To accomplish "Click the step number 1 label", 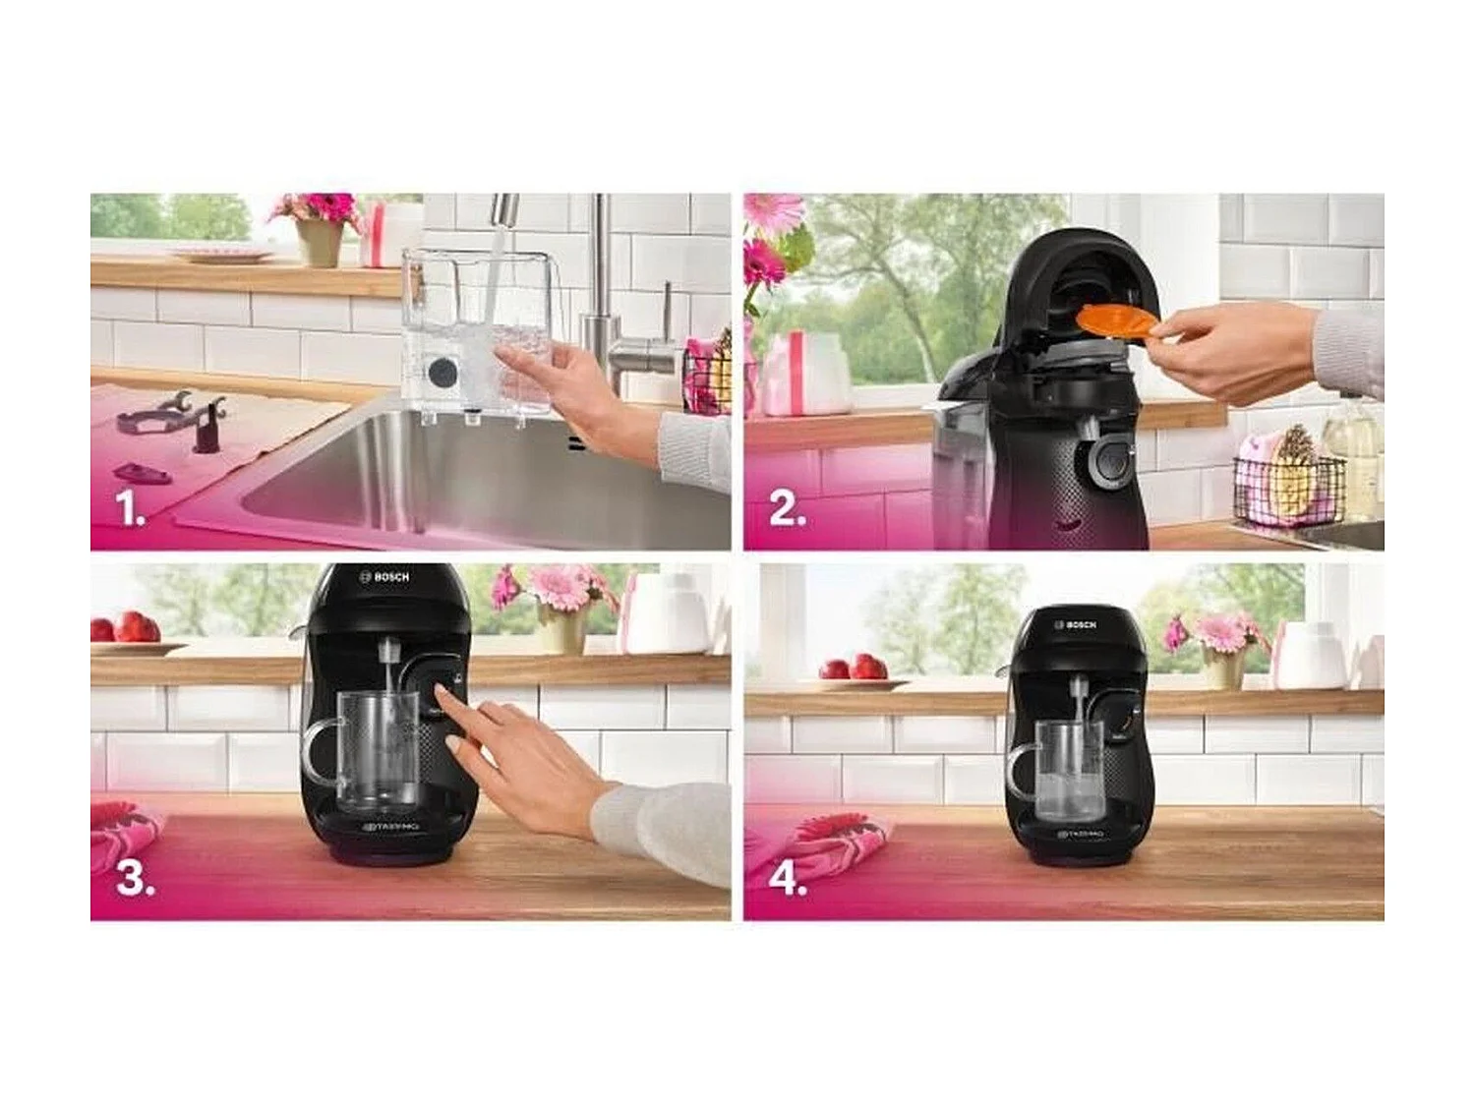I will (x=130, y=509).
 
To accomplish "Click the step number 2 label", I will (x=787, y=509).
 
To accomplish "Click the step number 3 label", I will (x=135, y=878).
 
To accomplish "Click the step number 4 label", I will (x=788, y=878).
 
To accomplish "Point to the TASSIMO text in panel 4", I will (x=1080, y=835).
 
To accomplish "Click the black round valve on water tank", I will (x=442, y=374).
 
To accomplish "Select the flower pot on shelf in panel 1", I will (x=320, y=242).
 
